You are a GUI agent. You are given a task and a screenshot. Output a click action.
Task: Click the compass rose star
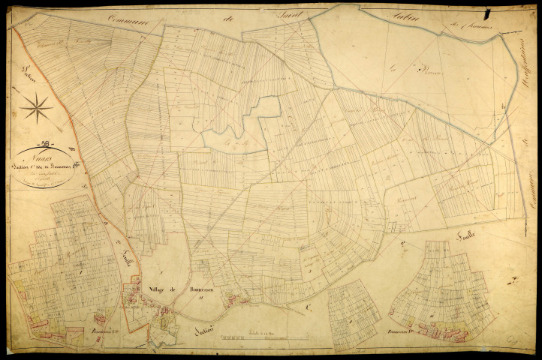35,109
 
